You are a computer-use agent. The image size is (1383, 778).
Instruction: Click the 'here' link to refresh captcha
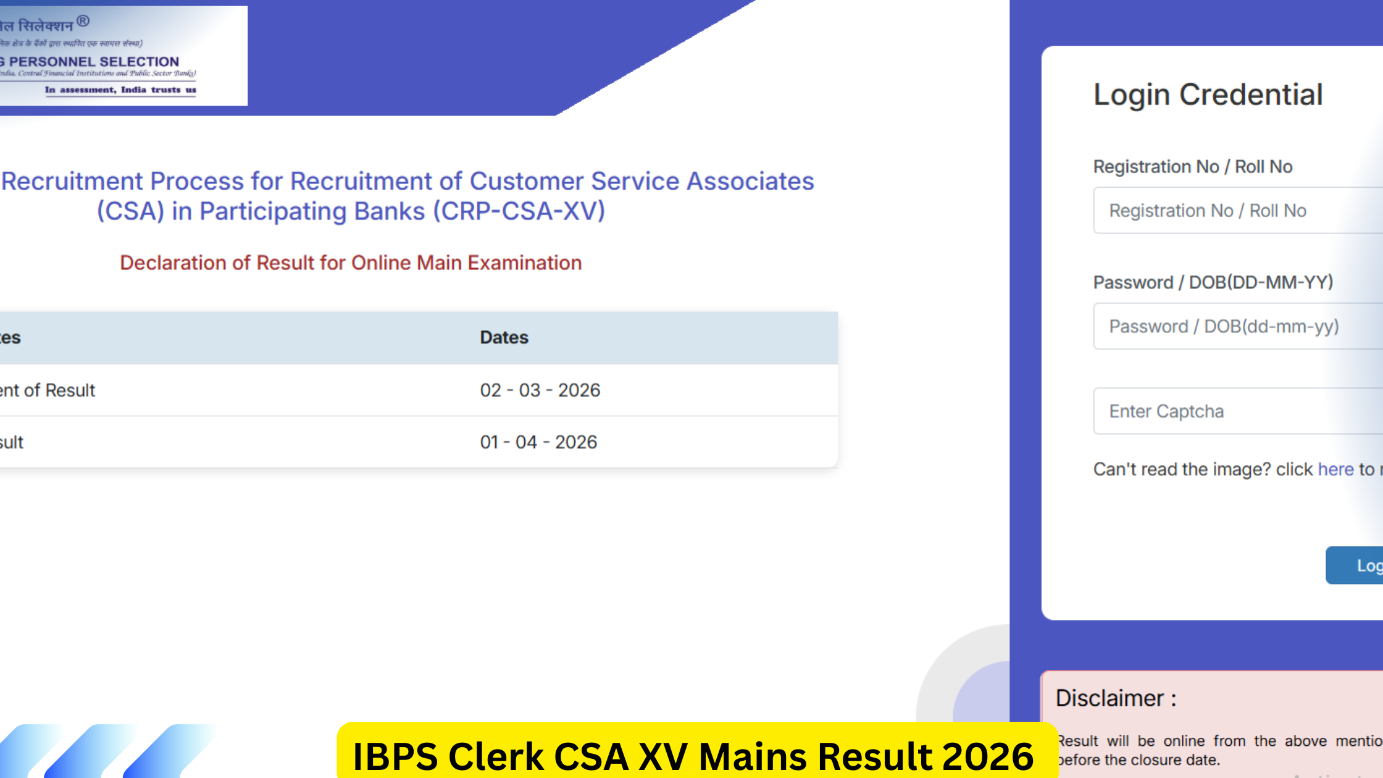(x=1335, y=469)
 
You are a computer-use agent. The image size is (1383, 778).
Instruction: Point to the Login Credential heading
(x=1208, y=95)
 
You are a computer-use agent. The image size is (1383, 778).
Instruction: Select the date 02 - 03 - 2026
(x=540, y=390)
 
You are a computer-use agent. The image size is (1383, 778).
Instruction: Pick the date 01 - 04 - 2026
(x=538, y=442)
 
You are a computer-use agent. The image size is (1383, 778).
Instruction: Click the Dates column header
(x=504, y=338)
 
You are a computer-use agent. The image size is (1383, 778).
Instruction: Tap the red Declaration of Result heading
(x=351, y=263)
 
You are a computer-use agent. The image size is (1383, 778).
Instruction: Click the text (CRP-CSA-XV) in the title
(x=519, y=211)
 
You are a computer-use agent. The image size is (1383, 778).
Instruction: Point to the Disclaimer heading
(x=1116, y=698)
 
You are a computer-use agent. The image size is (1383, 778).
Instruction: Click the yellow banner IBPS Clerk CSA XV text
(x=692, y=756)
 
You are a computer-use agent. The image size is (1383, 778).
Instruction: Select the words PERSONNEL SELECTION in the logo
(x=94, y=62)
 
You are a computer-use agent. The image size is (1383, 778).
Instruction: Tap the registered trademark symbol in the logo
(x=83, y=22)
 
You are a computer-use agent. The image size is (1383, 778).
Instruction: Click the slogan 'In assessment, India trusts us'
(x=120, y=90)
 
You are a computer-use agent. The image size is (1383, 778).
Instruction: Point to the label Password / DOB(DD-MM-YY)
(x=1213, y=283)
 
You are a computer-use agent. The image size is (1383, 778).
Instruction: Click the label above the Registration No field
(x=1192, y=167)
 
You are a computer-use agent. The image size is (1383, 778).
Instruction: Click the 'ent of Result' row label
(x=48, y=390)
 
